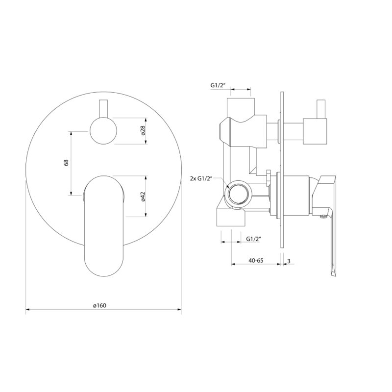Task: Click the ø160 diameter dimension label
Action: (99, 305)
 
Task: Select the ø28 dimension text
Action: (143, 131)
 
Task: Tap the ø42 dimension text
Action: (143, 196)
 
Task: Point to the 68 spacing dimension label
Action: (67, 163)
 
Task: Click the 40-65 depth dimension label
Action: (256, 261)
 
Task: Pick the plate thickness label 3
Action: (289, 261)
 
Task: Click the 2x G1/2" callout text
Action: (201, 178)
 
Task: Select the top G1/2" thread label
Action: (218, 85)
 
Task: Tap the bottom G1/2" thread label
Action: (253, 239)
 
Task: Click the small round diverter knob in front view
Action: (103, 131)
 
